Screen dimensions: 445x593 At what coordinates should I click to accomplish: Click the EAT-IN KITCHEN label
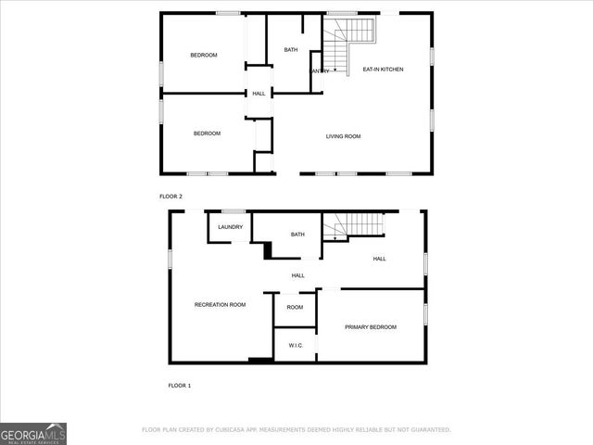click(x=383, y=69)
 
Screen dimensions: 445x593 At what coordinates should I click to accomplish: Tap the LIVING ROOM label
click(x=343, y=136)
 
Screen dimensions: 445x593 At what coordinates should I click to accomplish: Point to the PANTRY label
click(x=320, y=70)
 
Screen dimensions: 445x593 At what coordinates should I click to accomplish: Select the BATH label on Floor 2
click(x=291, y=50)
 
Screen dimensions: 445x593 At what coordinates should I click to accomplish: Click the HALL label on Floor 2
click(x=259, y=93)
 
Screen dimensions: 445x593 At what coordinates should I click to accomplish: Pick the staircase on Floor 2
click(x=352, y=35)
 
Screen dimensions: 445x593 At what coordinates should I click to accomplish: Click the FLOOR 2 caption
click(x=171, y=197)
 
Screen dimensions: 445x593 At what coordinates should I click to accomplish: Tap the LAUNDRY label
click(x=231, y=227)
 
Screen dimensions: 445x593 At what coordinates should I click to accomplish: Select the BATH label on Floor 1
click(x=297, y=235)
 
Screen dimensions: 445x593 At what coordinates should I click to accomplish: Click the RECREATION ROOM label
click(x=220, y=305)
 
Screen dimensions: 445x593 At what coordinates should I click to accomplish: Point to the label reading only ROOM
click(x=295, y=307)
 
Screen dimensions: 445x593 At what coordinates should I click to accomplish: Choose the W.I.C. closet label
click(x=296, y=345)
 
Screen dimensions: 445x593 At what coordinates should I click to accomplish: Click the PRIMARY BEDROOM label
click(x=371, y=327)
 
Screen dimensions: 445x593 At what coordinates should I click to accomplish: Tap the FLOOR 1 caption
click(x=179, y=385)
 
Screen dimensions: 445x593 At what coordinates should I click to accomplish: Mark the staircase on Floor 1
click(x=357, y=225)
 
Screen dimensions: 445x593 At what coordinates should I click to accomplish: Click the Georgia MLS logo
click(x=33, y=433)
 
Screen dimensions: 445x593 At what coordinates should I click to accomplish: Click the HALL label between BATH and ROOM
click(x=298, y=275)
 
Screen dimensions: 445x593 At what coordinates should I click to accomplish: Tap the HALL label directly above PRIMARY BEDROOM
click(x=380, y=259)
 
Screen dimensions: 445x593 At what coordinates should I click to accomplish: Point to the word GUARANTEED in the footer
click(x=429, y=430)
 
